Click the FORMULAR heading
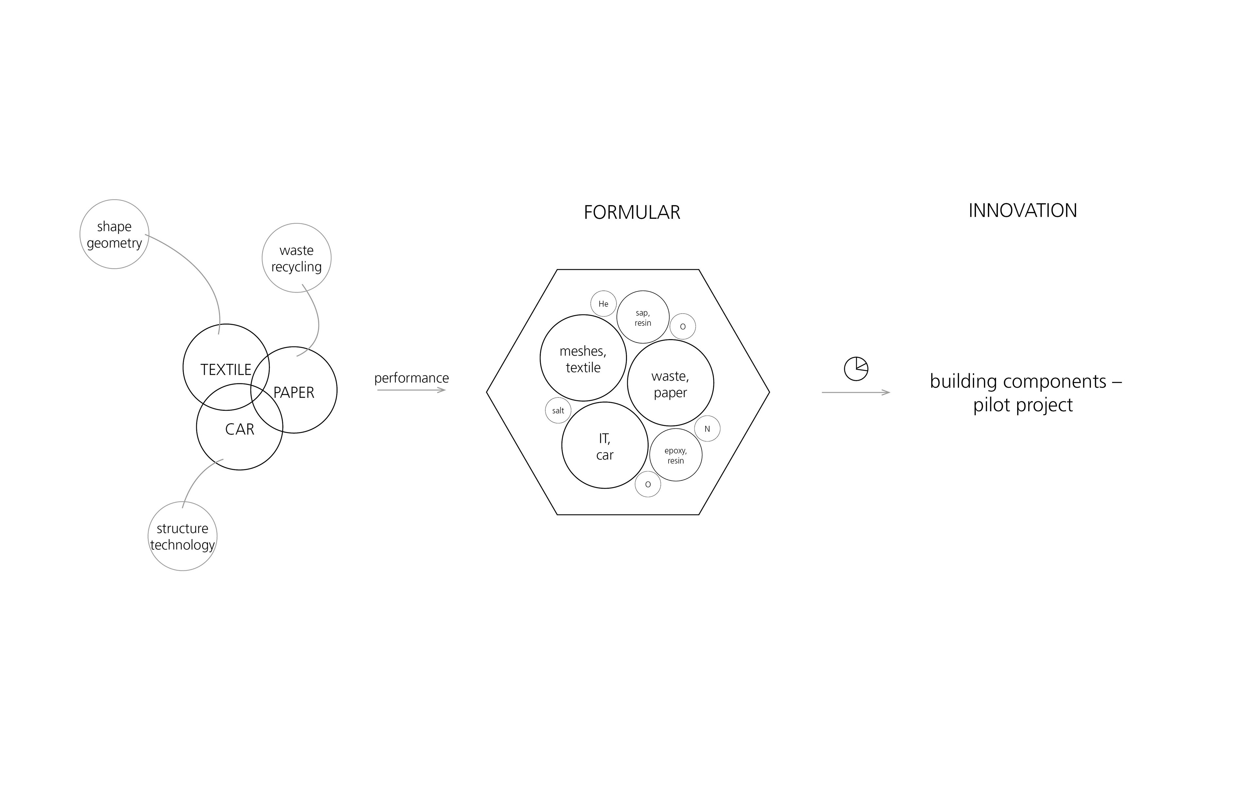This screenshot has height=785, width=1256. coord(632,212)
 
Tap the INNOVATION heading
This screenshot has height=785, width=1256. coord(1022,210)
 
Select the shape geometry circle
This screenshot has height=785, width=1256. coord(114,234)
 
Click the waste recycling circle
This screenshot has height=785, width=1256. coord(296,258)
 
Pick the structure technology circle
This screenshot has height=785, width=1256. coord(182,536)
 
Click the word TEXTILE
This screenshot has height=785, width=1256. coord(226,370)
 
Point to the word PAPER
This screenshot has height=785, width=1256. coord(294,392)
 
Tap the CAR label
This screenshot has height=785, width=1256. coord(240,429)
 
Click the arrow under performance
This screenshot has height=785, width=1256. coord(411,390)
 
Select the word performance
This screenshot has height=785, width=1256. coord(411,378)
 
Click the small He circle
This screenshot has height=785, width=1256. coord(603,304)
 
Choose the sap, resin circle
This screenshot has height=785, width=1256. coord(642,317)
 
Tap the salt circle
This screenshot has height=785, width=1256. coord(558,411)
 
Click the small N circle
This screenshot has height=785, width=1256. coord(707,429)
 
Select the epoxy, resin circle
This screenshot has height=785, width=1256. coord(676,455)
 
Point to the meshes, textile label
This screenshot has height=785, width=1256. coord(583,359)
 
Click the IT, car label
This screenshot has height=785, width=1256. coord(605,446)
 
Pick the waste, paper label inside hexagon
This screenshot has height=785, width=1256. coord(670,384)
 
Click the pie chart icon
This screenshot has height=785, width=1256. coord(856,369)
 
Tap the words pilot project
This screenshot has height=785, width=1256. coord(1022,405)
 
